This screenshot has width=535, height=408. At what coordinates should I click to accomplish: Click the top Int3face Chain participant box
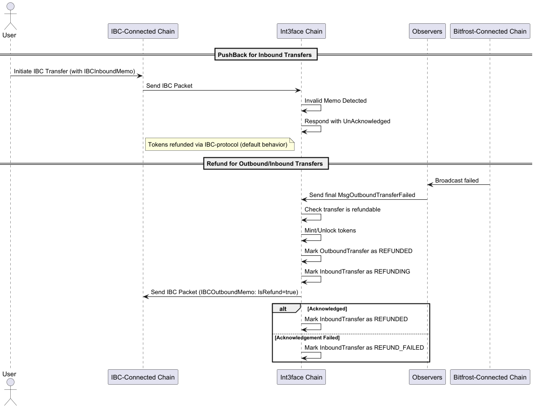click(x=301, y=31)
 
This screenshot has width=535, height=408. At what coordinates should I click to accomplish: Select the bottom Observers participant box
click(x=427, y=377)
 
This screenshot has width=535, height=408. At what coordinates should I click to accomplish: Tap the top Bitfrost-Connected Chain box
click(x=490, y=31)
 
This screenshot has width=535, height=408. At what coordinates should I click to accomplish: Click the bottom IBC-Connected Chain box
click(x=143, y=377)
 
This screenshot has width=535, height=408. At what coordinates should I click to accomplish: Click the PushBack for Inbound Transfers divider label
click(x=265, y=55)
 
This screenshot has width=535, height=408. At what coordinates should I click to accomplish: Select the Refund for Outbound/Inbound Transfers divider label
click(x=265, y=164)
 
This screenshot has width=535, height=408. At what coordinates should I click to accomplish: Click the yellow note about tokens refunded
click(x=218, y=145)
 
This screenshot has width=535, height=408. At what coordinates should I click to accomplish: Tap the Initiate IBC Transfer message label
click(x=74, y=71)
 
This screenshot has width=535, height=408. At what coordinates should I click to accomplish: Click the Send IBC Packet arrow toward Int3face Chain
click(x=222, y=91)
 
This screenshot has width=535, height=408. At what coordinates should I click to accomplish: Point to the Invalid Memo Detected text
click(x=336, y=100)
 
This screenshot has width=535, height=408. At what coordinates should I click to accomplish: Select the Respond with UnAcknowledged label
click(x=347, y=121)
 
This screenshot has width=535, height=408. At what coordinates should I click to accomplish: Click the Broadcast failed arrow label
click(x=457, y=181)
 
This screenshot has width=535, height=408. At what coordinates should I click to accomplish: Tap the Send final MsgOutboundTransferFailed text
click(x=362, y=195)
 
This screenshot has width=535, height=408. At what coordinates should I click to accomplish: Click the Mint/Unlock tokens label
click(x=330, y=231)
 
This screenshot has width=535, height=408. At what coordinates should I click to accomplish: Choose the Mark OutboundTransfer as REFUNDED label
click(x=359, y=251)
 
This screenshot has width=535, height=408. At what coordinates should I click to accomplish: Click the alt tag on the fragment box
click(x=283, y=309)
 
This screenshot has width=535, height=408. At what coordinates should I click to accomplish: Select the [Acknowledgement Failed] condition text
click(x=307, y=338)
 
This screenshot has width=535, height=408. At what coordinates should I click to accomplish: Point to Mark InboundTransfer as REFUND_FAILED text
click(x=364, y=348)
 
